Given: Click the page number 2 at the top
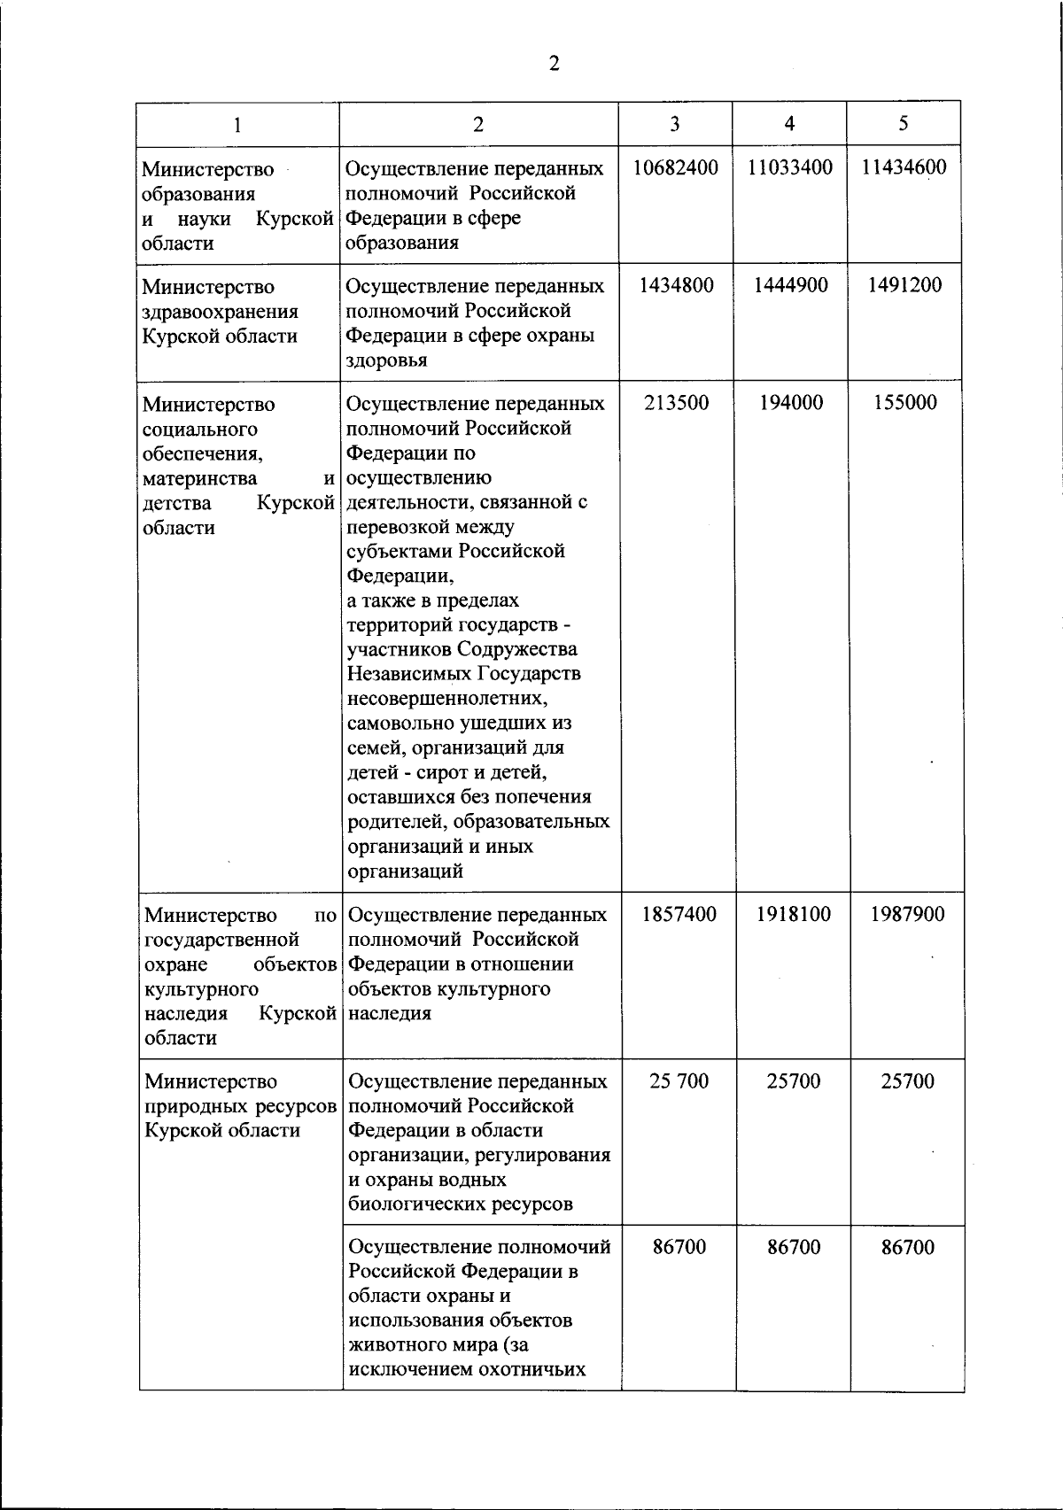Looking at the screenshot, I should [555, 63].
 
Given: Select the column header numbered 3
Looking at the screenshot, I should [675, 124].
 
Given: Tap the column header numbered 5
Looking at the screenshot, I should [903, 124].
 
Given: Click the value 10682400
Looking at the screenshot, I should [676, 167].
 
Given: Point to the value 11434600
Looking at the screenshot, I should [904, 167].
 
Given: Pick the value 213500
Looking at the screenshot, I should [676, 403].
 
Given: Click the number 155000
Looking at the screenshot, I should [904, 403].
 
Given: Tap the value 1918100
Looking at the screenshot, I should [794, 914].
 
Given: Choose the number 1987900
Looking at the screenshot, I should [907, 914].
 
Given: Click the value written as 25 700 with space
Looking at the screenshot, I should [679, 1081].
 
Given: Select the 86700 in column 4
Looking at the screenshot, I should [794, 1247].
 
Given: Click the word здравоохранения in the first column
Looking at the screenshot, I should [220, 312].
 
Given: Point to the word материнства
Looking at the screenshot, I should [199, 478].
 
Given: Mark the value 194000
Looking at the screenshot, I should [791, 403].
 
